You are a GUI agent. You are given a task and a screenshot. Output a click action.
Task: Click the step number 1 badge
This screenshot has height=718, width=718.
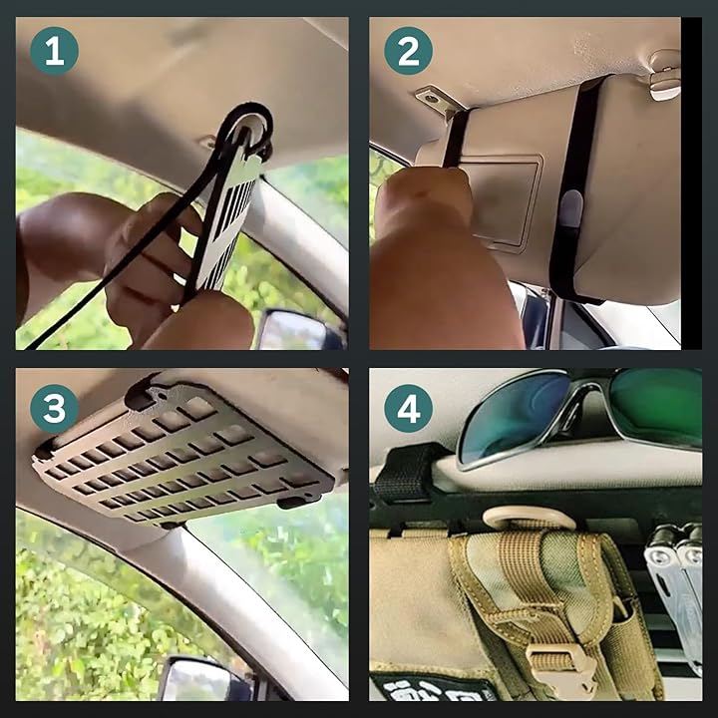tap(54, 51)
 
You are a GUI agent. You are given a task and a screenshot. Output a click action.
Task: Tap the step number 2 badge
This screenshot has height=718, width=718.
tap(408, 51)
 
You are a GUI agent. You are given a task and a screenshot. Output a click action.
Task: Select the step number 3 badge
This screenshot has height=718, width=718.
tap(54, 409)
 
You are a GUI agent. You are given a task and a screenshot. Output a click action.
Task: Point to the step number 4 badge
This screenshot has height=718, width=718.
tap(408, 409)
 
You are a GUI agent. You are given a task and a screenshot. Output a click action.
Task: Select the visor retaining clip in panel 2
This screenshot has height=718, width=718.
tap(664, 76)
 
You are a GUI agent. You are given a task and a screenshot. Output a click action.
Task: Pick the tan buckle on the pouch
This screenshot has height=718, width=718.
tap(561, 664)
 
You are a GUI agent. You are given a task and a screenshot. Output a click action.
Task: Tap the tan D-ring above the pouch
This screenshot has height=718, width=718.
tap(529, 518)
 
